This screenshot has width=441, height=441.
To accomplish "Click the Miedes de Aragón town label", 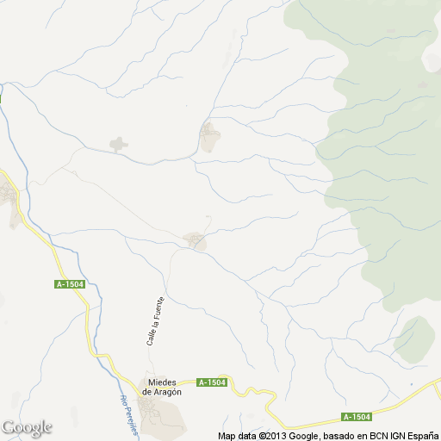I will tap(163, 386).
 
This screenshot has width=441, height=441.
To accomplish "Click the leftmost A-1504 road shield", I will tap(69, 284).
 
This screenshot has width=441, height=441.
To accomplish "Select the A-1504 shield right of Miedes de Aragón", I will tap(212, 382).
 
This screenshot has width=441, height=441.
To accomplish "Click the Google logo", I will tap(27, 427).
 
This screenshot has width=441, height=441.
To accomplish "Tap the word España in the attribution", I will tap(419, 436).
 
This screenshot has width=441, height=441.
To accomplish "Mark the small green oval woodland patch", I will tap(414, 338).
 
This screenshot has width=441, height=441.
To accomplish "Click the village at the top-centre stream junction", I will tap(208, 137).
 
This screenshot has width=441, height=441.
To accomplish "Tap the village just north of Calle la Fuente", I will tap(196, 240).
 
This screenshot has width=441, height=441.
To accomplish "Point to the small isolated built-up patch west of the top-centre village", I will tap(118, 144).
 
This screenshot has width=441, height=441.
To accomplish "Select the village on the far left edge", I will tap(10, 202).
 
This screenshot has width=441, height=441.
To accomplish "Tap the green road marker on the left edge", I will tap(1, 97).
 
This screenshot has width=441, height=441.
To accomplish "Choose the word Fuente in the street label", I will tap(158, 307).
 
